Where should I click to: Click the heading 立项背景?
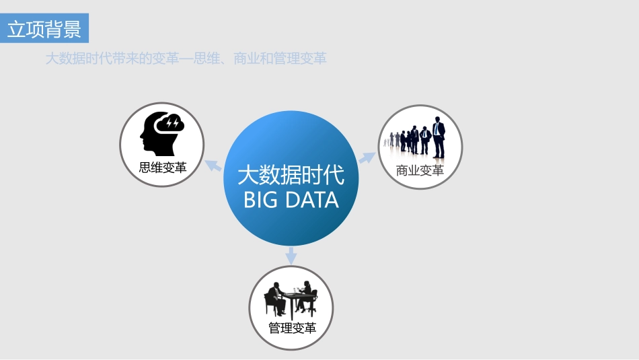pos(44,30)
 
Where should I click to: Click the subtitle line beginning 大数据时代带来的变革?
pos(186,59)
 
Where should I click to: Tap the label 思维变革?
pos(163,167)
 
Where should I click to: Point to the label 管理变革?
pos(292,328)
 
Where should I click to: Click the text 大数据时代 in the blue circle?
pos(291,175)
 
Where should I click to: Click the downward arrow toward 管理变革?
pos(291,255)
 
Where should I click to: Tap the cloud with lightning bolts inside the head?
pos(168,124)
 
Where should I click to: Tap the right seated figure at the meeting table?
pos(307,297)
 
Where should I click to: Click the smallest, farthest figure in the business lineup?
pos(385,142)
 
